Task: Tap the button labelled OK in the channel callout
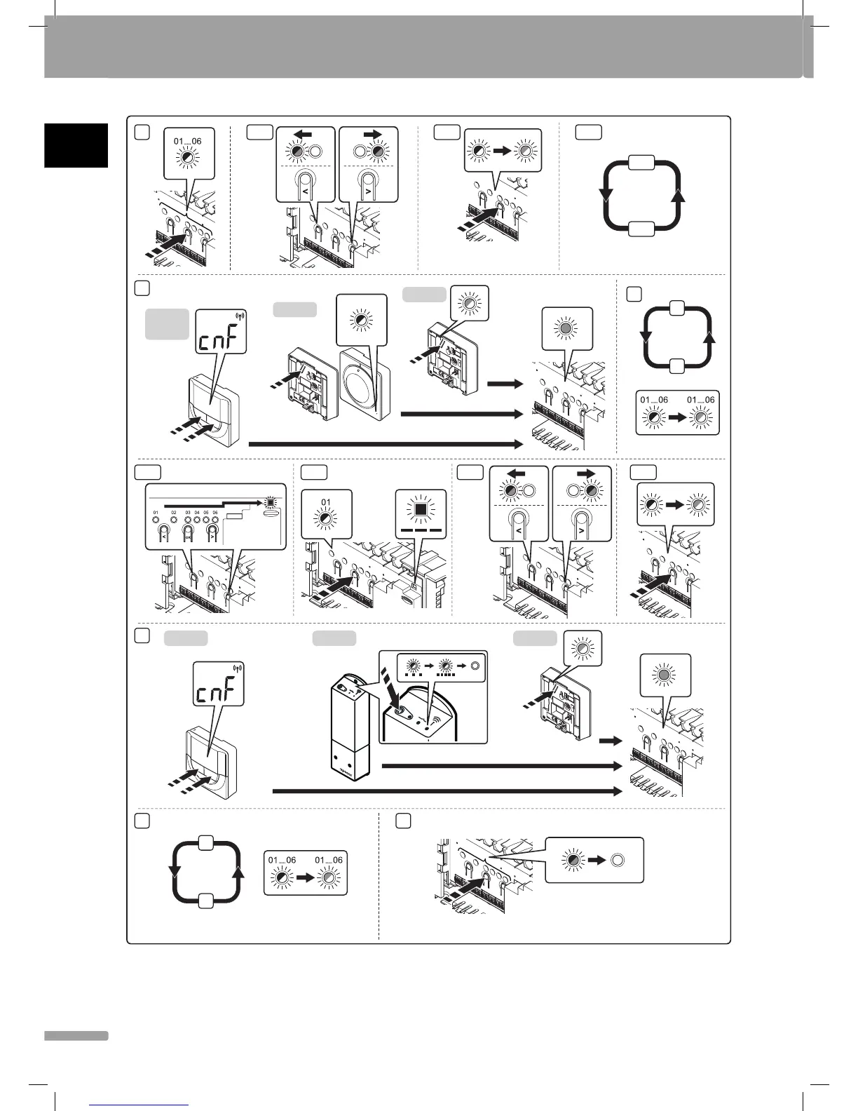pyautogui.click(x=187, y=532)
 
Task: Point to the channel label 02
pyautogui.click(x=174, y=513)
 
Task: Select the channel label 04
pyautogui.click(x=197, y=513)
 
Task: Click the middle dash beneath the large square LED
pyautogui.click(x=421, y=531)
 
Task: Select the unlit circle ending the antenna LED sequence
pyautogui.click(x=476, y=666)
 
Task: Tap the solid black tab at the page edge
pyautogui.click(x=76, y=145)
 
